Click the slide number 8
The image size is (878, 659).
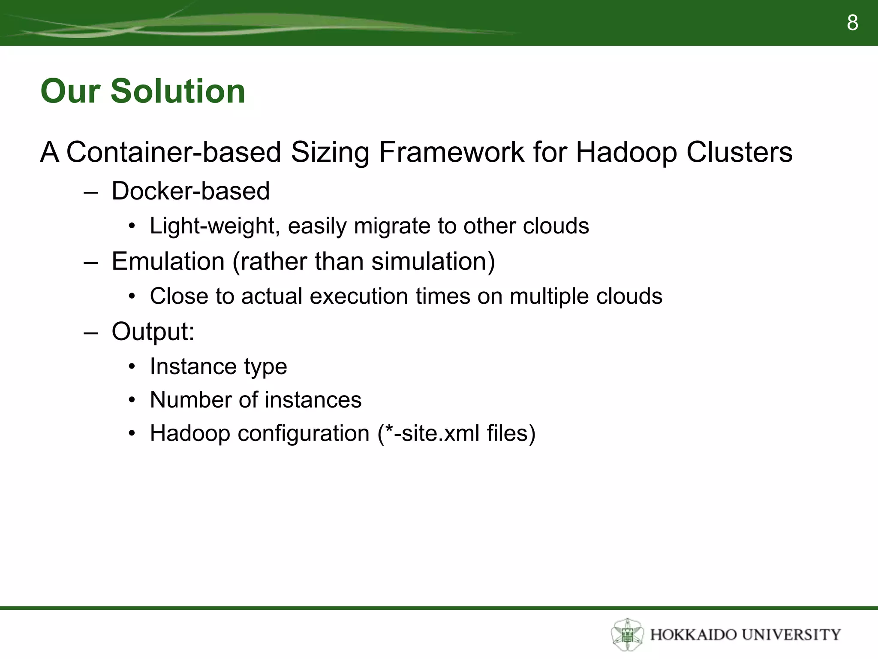pos(852,23)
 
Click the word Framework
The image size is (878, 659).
pos(451,152)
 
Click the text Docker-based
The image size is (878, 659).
pos(190,191)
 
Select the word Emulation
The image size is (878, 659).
pos(168,261)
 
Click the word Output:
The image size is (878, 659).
pos(153,332)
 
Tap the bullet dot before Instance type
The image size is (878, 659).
pos(132,367)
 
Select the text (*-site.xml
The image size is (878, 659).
pos(428,433)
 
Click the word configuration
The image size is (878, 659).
pos(304,433)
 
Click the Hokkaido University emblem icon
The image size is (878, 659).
pos(627,634)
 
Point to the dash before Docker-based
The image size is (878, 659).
pos(91,192)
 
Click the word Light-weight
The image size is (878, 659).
pos(214,226)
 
